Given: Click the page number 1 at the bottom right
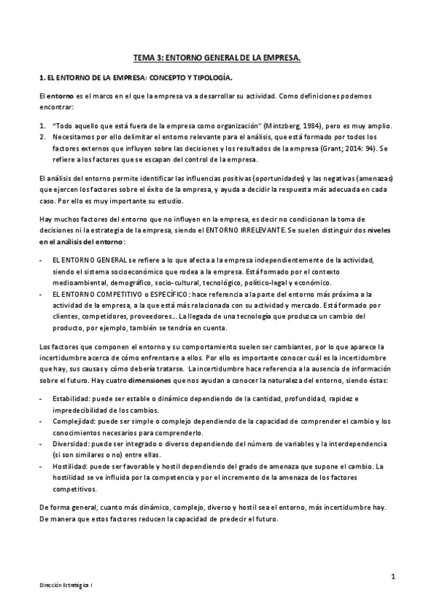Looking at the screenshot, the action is click(x=392, y=576).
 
